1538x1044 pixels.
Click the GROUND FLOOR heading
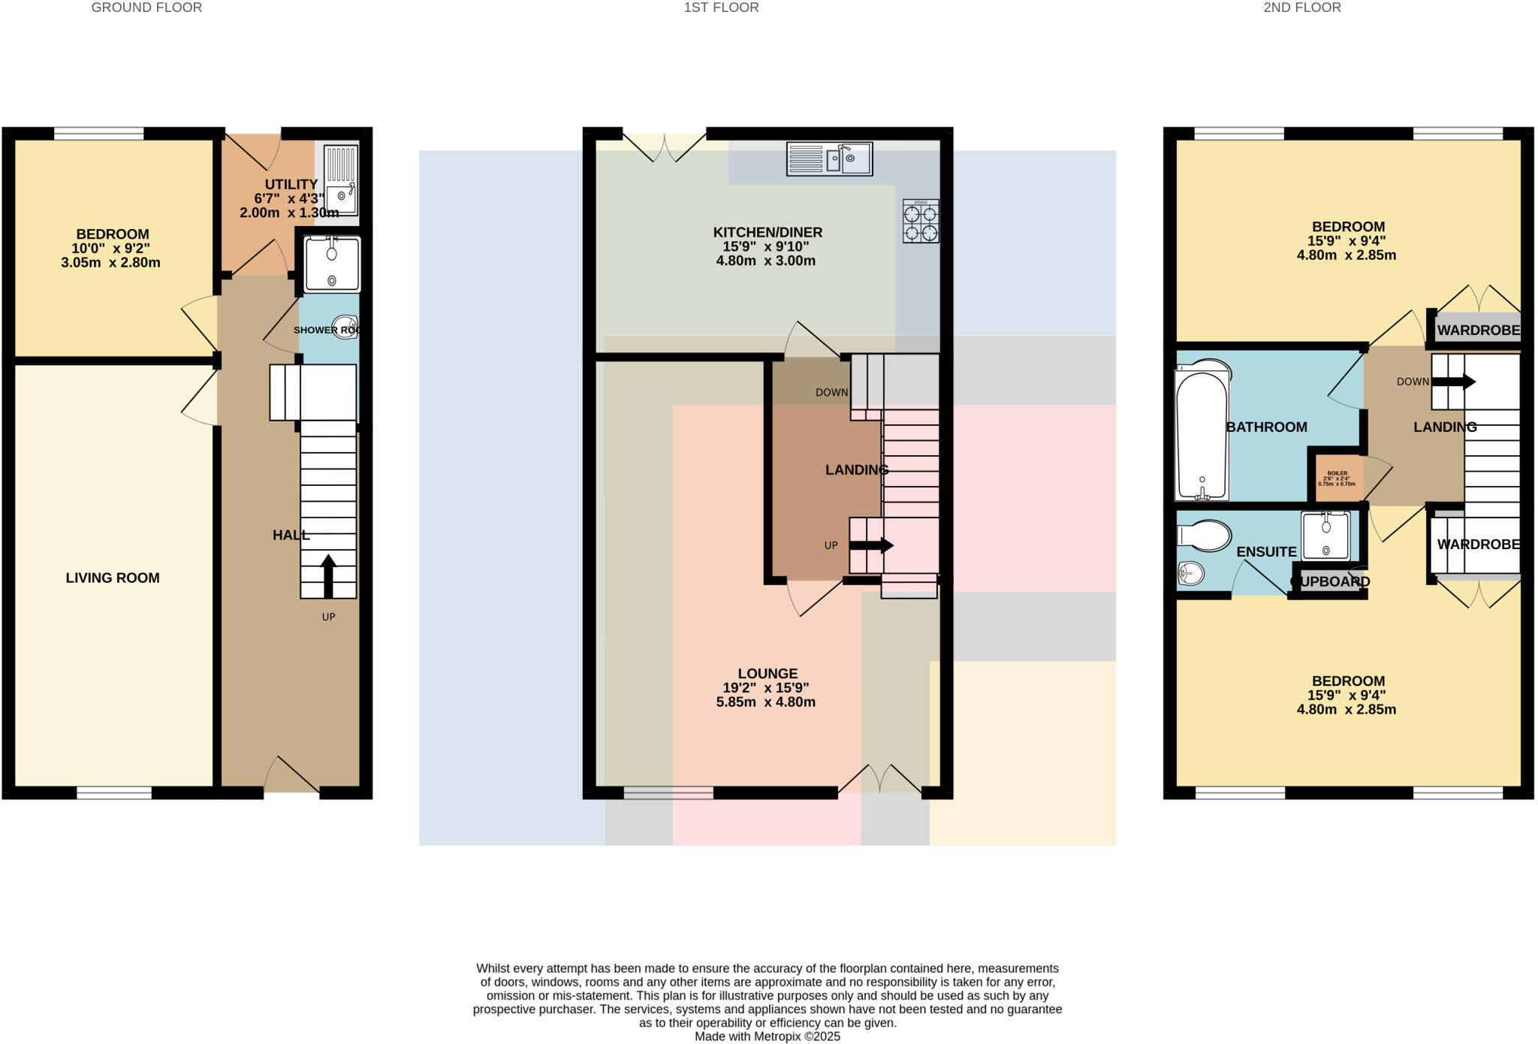pos(146,8)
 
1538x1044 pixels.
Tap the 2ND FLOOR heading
pos(1301,8)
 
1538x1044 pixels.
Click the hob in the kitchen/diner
pos(921,222)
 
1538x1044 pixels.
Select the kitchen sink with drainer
pos(829,159)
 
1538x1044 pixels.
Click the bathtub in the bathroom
pos(1202,433)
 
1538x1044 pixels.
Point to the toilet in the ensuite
pos(1205,536)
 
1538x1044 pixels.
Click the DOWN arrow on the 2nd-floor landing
pos(1453,382)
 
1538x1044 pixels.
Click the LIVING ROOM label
pos(113,578)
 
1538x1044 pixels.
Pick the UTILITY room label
pos(291,184)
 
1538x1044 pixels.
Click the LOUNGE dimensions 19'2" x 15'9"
pos(766,688)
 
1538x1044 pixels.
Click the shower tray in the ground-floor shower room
pos(331,264)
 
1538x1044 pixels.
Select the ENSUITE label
pos(1266,551)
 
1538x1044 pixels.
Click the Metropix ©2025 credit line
pos(767,1036)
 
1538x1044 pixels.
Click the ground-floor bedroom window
pos(98,134)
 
